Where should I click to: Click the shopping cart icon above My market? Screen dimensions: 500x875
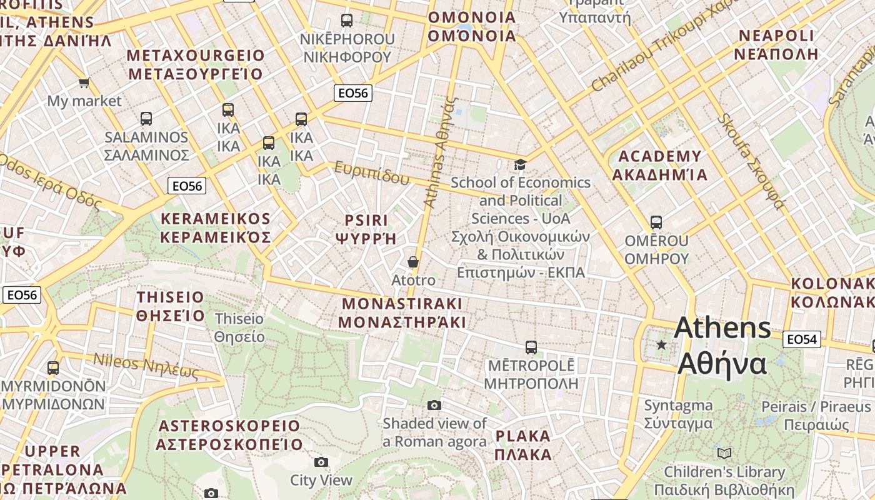pos(84,82)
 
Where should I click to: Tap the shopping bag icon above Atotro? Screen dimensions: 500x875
pos(412,261)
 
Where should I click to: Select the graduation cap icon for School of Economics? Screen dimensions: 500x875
pos(520,164)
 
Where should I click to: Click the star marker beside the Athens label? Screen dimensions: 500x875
pos(661,344)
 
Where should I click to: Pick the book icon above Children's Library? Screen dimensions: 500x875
pos(724,453)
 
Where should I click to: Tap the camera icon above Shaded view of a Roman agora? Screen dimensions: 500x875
pos(434,405)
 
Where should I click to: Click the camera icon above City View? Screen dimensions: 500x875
pos(321,462)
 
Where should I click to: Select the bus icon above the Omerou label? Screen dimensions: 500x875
pos(656,222)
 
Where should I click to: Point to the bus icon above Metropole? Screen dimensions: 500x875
pos(531,347)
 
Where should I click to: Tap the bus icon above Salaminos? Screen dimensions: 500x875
pos(146,118)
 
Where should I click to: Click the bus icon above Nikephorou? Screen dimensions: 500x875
pos(347,20)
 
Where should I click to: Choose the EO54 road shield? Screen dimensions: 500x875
pos(801,339)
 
